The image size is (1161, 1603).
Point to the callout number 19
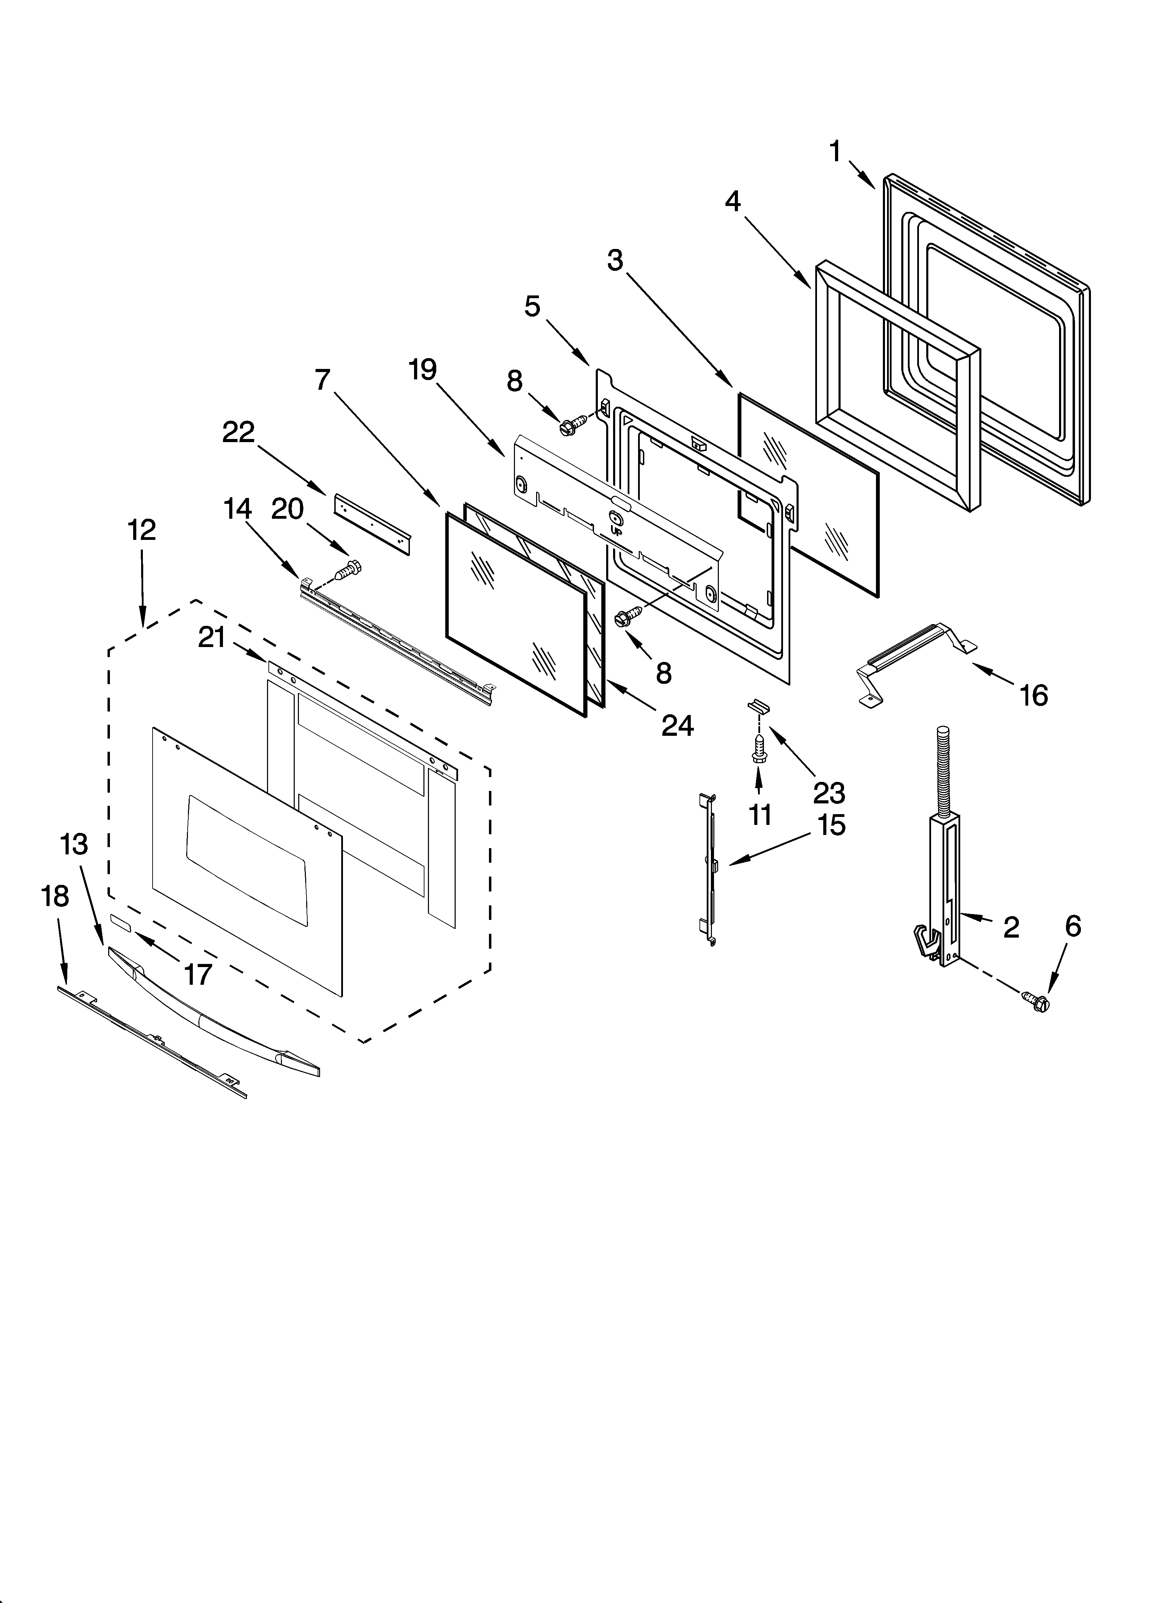[x=423, y=370]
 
